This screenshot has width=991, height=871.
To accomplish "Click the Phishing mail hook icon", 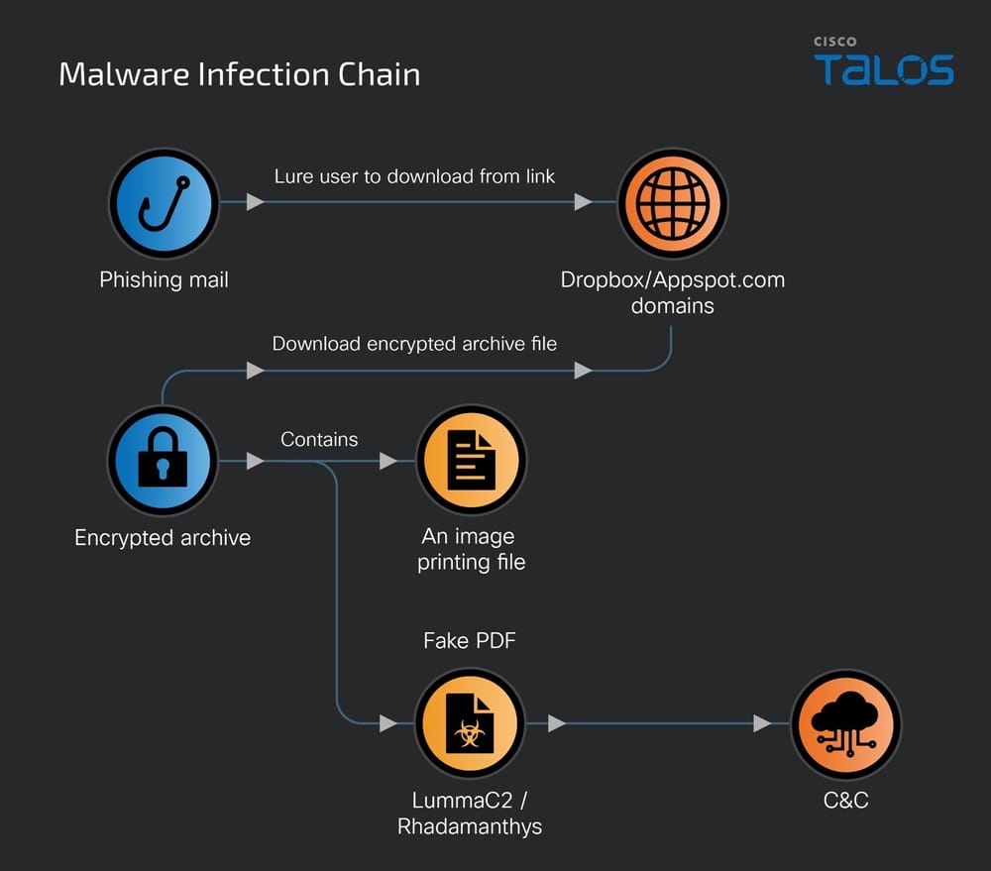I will coord(164,203).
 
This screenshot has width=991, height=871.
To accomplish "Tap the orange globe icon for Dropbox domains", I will coord(673,203).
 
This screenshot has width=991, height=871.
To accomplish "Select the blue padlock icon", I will coord(163,461).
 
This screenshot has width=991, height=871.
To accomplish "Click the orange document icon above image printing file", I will coord(471,461).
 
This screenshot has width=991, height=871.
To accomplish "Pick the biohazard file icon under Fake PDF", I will coord(470,723).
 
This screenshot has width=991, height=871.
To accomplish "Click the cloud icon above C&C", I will coord(845,723).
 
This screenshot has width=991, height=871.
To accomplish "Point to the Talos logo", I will coord(884,64).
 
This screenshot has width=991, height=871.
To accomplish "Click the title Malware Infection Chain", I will coord(239,74).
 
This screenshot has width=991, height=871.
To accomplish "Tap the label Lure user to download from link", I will coord(414,176).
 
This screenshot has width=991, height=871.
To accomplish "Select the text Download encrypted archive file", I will coord(414,344).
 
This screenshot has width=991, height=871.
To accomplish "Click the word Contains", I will coord(319,439).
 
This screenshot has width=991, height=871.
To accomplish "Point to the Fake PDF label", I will coord(470,641).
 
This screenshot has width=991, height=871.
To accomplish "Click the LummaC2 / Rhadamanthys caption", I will coord(470,812).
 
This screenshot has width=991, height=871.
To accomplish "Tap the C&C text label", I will coord(845,800).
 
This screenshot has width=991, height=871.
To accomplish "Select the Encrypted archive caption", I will coord(163,538).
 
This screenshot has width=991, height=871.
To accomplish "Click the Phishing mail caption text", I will coord(164,279).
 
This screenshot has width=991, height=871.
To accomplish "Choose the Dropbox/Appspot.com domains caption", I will coord(673,292).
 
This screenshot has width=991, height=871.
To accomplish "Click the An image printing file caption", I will coord(471,549).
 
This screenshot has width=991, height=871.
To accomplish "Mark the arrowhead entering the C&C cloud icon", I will coord(762,723).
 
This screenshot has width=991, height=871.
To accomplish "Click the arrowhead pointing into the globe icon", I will coord(583,202).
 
